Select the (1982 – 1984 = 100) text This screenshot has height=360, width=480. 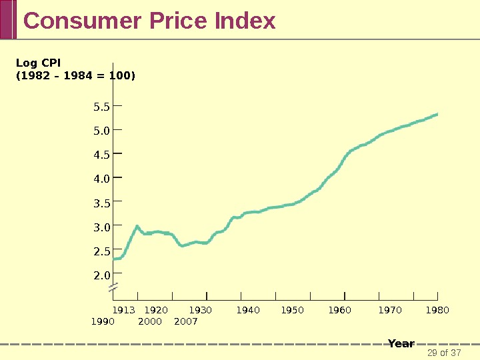pos(75,75)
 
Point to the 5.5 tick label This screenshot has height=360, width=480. pos(101,107)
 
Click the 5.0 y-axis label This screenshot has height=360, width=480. pos(101,131)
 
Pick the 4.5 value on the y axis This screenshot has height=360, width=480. pos(101,155)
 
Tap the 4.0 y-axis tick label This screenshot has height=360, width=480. pos(101,179)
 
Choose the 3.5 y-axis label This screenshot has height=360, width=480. pos(101,203)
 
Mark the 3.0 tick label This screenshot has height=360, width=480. pos(101,227)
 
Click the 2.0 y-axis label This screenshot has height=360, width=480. pos(101,275)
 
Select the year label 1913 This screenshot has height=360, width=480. pos(123,310)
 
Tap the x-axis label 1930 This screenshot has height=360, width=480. pos(200,310)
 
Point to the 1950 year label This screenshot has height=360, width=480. pos(292,310)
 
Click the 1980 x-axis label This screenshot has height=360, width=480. pos(437,310)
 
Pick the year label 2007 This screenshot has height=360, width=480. pos(185,321)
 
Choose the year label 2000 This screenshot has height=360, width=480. pos(150,321)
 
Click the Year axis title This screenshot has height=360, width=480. pos(401,343)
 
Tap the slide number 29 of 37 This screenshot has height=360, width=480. pos(444,353)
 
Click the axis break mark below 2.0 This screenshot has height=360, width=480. pos(113,288)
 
